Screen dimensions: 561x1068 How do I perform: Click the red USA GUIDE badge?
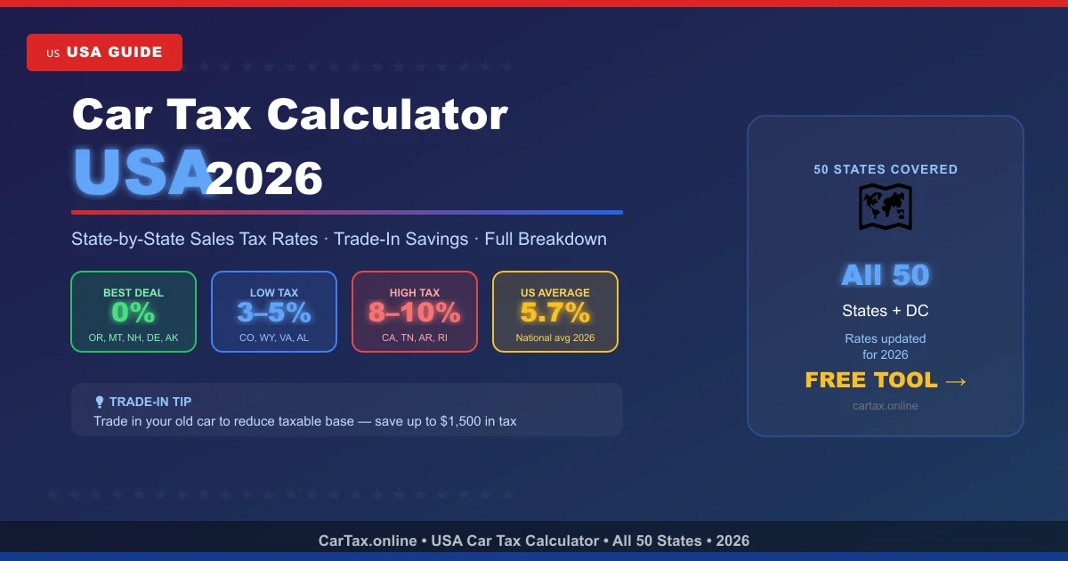(104, 53)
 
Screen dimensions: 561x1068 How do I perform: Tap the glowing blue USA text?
(140, 173)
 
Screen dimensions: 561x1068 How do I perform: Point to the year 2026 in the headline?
(264, 179)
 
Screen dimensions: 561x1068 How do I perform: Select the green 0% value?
(133, 313)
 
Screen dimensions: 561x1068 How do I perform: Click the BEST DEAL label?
(133, 292)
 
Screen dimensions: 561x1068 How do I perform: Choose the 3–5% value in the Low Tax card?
(274, 313)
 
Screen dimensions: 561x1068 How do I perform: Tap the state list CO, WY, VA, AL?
(274, 337)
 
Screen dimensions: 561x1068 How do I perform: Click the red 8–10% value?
(415, 313)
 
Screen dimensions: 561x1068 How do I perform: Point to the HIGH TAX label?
(415, 292)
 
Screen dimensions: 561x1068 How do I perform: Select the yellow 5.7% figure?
(555, 313)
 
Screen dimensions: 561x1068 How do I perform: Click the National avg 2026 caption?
(555, 337)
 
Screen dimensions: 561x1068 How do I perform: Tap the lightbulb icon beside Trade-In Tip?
(100, 402)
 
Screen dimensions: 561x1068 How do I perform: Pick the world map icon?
(885, 207)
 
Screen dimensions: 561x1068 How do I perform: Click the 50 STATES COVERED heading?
(886, 169)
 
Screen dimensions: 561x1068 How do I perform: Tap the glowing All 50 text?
(886, 275)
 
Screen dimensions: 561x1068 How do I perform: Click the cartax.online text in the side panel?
(886, 406)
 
